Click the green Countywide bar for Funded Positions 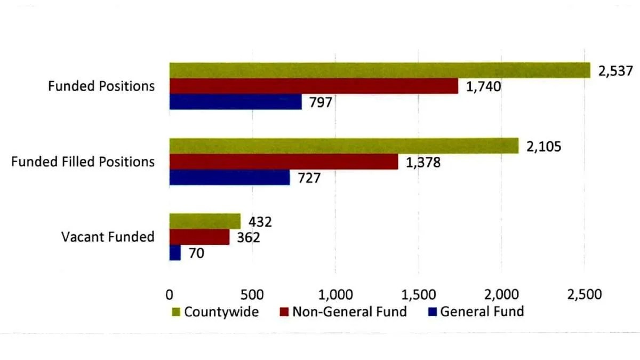click(x=380, y=70)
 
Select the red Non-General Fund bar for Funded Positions click(x=314, y=86)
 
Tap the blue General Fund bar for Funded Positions click(x=235, y=101)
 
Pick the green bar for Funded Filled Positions click(x=344, y=146)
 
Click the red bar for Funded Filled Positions click(x=284, y=162)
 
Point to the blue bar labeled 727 click(x=229, y=177)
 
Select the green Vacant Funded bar click(x=205, y=221)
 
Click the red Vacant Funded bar click(x=199, y=237)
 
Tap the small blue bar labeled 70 click(x=175, y=252)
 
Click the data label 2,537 click(x=615, y=71)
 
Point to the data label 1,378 click(x=423, y=162)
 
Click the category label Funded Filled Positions click(x=83, y=162)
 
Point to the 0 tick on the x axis click(x=170, y=294)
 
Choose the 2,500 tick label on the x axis click(x=585, y=294)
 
